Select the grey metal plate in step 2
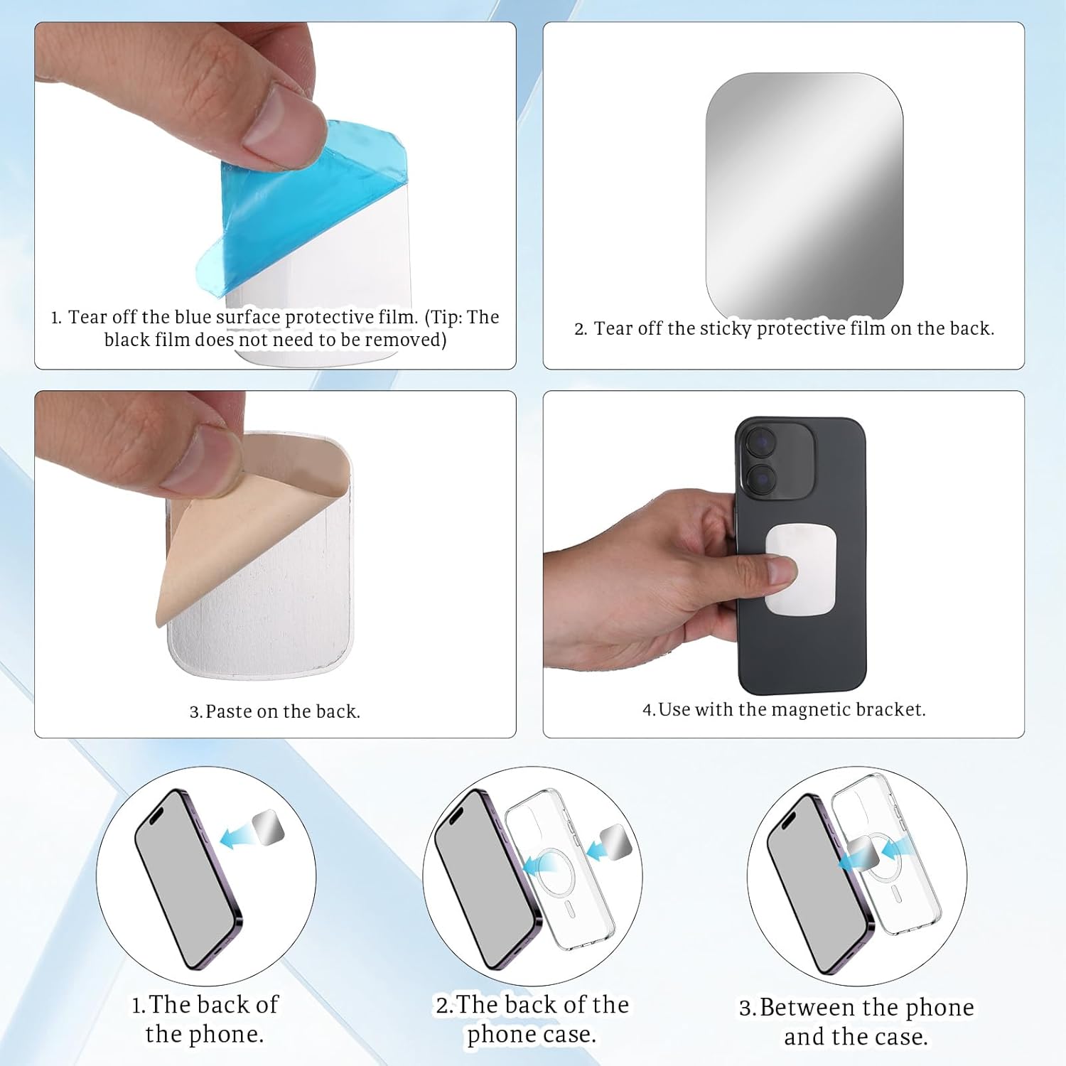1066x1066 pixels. tap(804, 195)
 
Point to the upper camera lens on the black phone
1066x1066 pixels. tap(760, 443)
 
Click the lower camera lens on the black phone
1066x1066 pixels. tap(760, 480)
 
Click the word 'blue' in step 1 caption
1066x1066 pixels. tap(193, 317)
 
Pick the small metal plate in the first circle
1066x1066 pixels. tap(268, 827)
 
